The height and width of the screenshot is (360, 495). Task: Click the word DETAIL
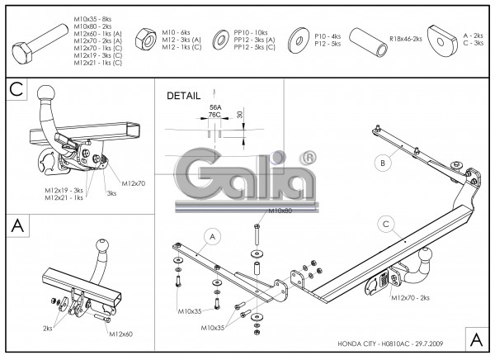tap(183, 95)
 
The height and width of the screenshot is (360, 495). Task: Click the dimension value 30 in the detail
tap(239, 115)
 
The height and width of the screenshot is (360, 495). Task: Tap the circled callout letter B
tap(382, 163)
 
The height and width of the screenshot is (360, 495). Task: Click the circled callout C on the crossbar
tap(385, 222)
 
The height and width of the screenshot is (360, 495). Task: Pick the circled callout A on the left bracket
tap(211, 237)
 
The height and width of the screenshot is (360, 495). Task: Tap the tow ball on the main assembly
tap(427, 254)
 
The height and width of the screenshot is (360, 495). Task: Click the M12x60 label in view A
tap(120, 334)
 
